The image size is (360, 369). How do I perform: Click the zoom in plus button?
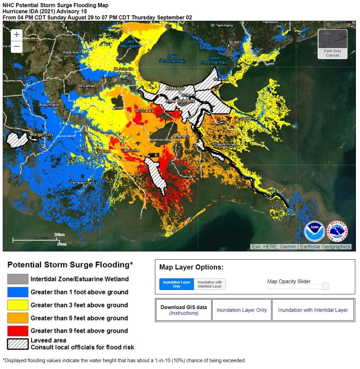tap(17, 35)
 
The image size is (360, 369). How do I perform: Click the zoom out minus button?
tap(17, 47)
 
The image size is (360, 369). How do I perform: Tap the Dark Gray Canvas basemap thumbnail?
tap(332, 44)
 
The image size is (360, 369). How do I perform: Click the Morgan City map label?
tap(42, 135)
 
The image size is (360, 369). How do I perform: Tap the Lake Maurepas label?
tap(129, 44)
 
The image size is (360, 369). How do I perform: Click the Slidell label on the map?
tap(235, 42)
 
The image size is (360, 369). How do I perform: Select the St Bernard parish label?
tap(250, 119)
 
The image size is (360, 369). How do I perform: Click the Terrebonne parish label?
tap(81, 183)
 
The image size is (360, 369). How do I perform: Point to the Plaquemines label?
tap(224, 144)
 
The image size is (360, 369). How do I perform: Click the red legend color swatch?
tap(18, 331)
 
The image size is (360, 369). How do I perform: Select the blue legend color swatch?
tap(18, 292)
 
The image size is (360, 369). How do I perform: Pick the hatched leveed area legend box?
tap(18, 343)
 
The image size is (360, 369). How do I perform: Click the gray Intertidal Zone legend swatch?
tap(18, 279)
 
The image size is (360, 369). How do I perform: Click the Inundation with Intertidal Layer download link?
tap(313, 310)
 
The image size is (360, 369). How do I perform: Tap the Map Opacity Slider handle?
tap(325, 286)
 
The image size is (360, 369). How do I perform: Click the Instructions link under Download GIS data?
tap(184, 313)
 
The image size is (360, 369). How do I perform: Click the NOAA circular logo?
tap(314, 231)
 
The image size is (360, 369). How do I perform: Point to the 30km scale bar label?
tap(59, 235)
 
